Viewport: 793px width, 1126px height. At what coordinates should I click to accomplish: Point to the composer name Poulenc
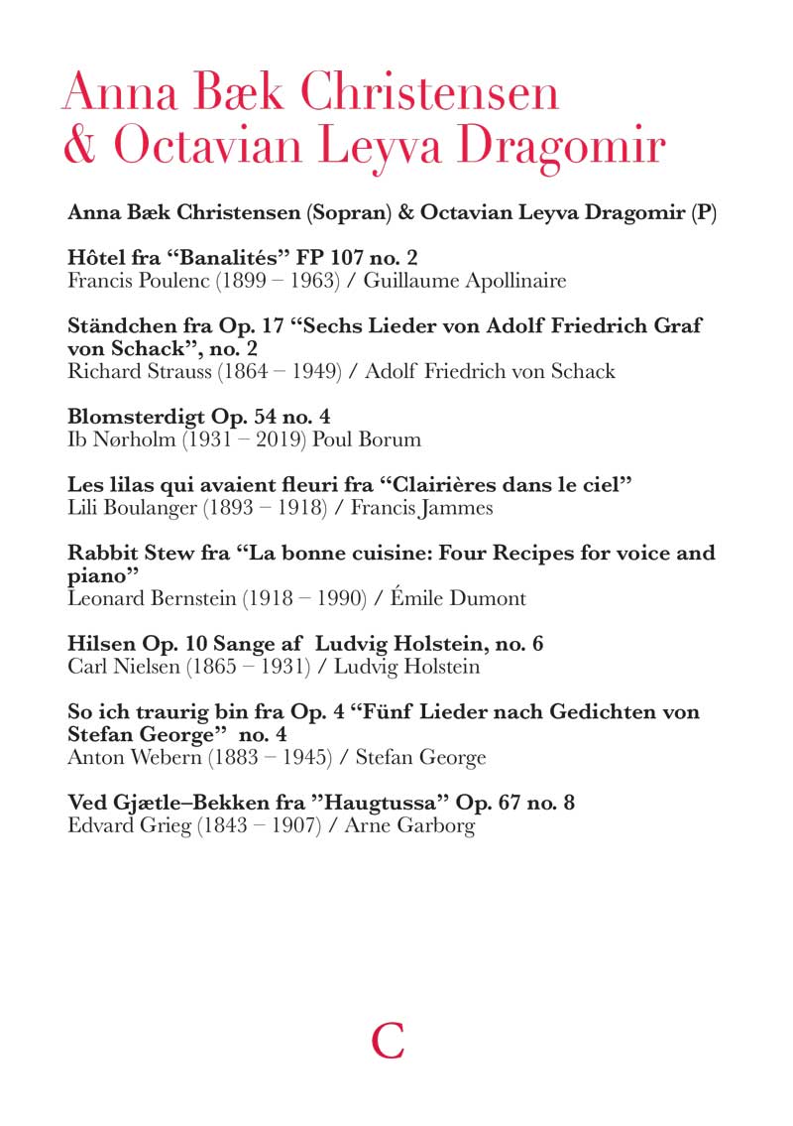164,281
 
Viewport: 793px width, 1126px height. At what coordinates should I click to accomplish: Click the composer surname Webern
159,758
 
